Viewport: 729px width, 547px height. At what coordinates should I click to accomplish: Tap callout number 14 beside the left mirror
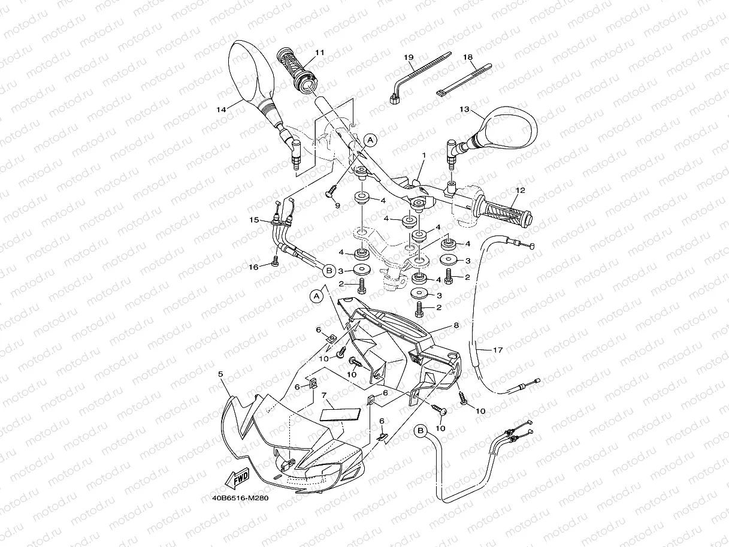coord(222,110)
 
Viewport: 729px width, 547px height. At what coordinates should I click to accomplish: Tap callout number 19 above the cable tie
coord(409,58)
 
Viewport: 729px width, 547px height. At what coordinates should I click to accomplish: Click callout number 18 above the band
coord(468,58)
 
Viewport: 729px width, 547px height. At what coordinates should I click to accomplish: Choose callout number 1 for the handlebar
coord(424,155)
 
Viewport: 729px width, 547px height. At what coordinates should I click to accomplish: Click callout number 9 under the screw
coord(337,205)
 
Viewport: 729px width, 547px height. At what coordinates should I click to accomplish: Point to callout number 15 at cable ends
coord(254,220)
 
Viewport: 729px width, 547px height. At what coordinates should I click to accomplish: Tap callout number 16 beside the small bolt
coord(254,267)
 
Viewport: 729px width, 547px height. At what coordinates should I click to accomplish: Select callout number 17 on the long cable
coord(498,350)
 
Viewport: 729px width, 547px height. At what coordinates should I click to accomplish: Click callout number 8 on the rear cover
coord(456,325)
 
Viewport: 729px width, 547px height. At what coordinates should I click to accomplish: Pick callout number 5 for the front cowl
coord(221,374)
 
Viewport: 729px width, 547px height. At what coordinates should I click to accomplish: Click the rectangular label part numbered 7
coord(342,414)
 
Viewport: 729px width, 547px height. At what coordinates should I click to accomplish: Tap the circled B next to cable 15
coord(328,271)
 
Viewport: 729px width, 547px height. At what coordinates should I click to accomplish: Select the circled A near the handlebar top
coord(370,140)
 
